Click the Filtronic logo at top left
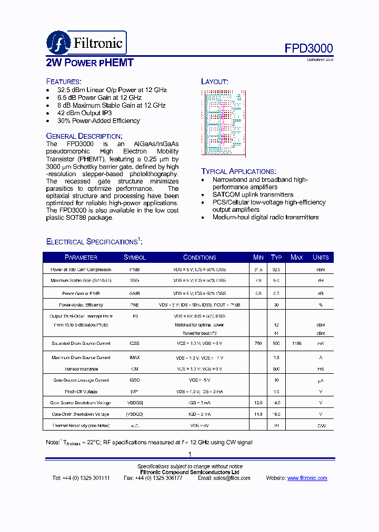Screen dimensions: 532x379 [86, 43]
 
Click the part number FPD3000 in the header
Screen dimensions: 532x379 [309, 48]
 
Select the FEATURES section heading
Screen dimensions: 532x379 [64, 81]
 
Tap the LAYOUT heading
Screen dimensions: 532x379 [214, 81]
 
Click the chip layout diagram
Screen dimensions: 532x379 [222, 123]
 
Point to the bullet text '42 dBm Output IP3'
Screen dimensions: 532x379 [84, 113]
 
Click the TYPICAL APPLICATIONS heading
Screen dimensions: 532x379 [238, 171]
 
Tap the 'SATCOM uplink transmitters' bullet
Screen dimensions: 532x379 [253, 195]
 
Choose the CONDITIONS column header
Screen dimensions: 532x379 [200, 258]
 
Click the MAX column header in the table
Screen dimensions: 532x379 [297, 258]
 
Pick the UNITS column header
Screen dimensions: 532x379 [321, 258]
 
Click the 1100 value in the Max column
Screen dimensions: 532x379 [297, 344]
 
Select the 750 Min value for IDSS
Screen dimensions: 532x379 [258, 344]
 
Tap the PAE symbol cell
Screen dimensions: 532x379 [134, 305]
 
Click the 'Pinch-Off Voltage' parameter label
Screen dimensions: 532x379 [81, 392]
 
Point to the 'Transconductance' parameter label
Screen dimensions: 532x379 [81, 369]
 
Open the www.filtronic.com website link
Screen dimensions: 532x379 [307, 478]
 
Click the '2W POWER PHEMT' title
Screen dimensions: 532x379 [90, 63]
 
